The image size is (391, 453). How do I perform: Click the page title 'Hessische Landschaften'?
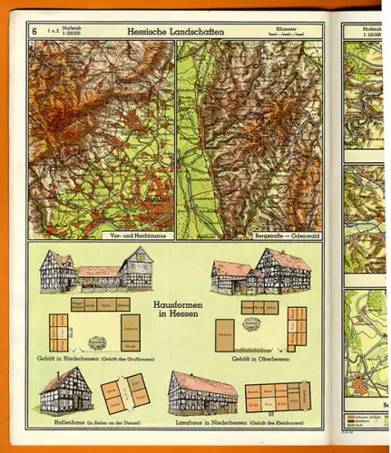click(x=178, y=31)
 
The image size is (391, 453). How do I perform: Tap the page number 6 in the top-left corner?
click(x=34, y=32)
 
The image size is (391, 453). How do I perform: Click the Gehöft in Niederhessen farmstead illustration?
click(x=95, y=269)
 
